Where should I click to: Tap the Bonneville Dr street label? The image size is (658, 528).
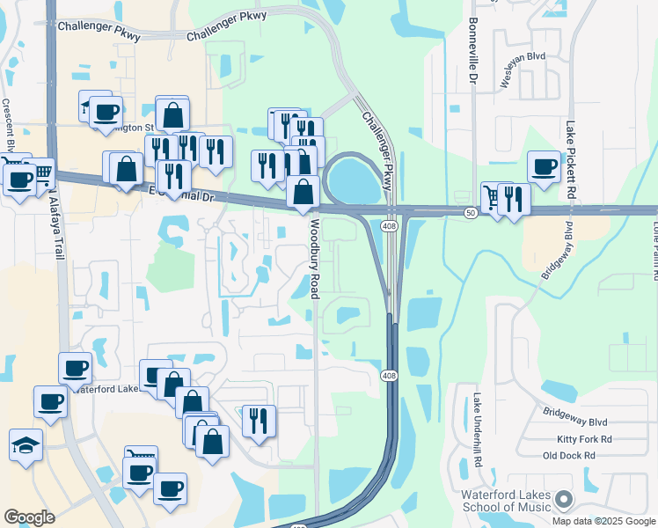tap(472, 53)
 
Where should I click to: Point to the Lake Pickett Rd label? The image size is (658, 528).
tap(571, 158)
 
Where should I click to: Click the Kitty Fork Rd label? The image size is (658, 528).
tap(584, 438)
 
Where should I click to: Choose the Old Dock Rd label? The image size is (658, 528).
tap(569, 455)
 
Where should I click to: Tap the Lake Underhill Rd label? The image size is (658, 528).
tap(478, 429)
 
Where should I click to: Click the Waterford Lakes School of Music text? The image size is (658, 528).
tap(506, 501)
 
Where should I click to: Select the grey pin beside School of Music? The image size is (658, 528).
tap(564, 501)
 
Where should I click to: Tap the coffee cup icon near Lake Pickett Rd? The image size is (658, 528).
tap(544, 165)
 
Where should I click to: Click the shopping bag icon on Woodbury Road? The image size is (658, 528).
tap(303, 191)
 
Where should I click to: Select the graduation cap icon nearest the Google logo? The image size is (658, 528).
tap(26, 444)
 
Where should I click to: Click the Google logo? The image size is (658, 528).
tap(29, 517)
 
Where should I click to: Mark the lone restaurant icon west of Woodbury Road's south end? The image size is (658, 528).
tap(259, 421)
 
